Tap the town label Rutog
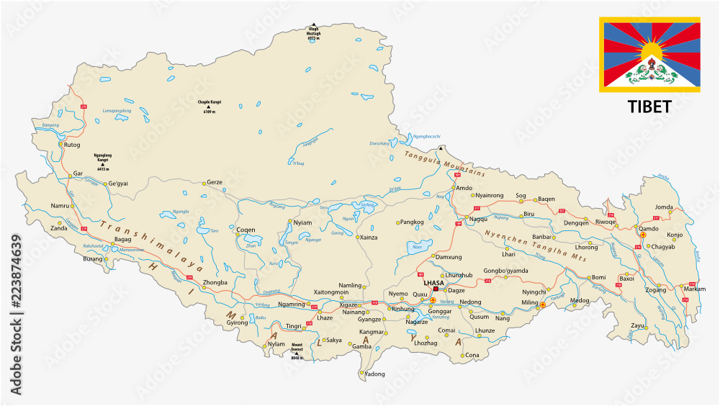pyautogui.click(x=73, y=144)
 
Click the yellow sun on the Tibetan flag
pyautogui.click(x=652, y=51)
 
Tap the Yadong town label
pyautogui.click(x=374, y=374)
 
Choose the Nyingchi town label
pyautogui.click(x=534, y=292)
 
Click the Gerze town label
pyautogui.click(x=215, y=183)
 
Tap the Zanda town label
pyautogui.click(x=58, y=227)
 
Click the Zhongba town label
pyautogui.click(x=215, y=282)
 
